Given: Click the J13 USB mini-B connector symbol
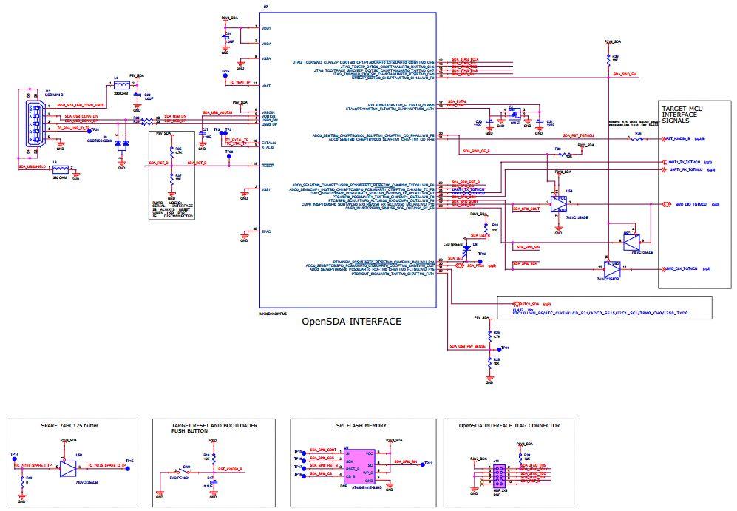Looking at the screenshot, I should click(30, 126).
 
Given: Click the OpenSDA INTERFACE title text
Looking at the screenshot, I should click(351, 322).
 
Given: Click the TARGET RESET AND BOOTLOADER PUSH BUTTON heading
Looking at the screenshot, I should click(204, 429).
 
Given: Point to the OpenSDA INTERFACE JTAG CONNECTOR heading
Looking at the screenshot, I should click(509, 426).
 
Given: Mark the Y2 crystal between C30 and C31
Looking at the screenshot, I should click(511, 113).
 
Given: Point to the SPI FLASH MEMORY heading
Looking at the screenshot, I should click(363, 426).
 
